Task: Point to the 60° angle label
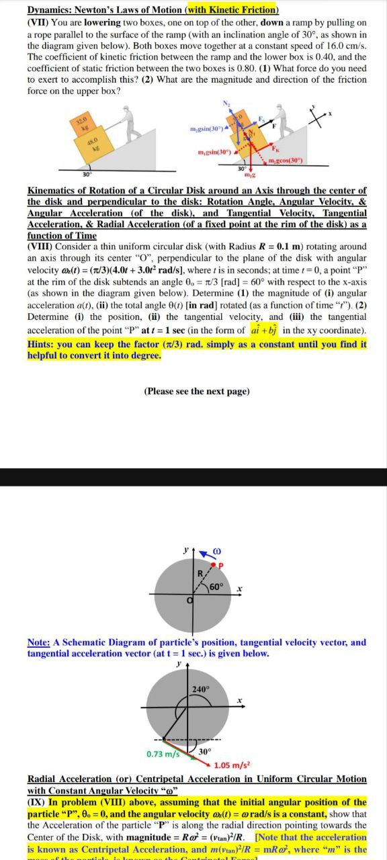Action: tap(216, 589)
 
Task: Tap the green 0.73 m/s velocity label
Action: tap(163, 754)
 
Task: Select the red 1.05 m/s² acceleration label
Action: tap(232, 765)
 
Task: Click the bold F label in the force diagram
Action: tap(274, 125)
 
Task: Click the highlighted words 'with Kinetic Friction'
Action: tap(232, 10)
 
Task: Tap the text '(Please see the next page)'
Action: tap(196, 391)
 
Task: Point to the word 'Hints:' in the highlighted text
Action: tap(42, 345)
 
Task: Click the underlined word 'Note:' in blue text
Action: tap(39, 642)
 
